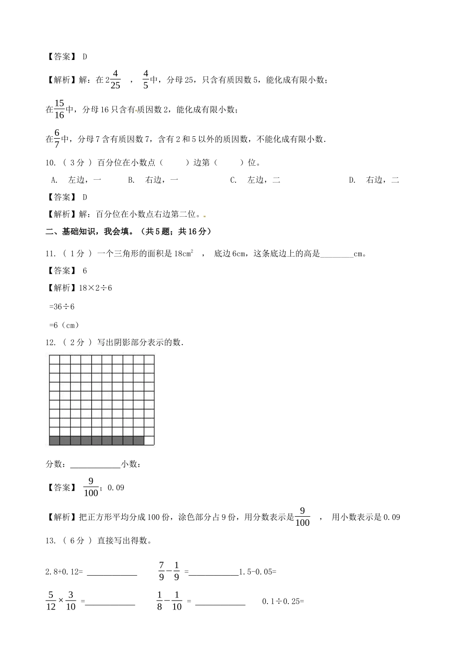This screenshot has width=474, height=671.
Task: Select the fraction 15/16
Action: pyautogui.click(x=59, y=109)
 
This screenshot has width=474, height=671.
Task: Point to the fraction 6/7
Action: pyautogui.click(x=57, y=139)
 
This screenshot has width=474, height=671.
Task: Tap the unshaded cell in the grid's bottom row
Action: pyautogui.click(x=149, y=440)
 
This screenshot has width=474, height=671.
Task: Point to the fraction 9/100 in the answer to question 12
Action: pyautogui.click(x=91, y=487)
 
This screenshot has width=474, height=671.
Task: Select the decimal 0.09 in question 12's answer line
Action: pyautogui.click(x=116, y=488)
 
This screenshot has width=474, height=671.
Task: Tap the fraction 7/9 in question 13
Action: pyautogui.click(x=162, y=571)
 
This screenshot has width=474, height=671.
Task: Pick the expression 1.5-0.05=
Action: pyautogui.click(x=257, y=572)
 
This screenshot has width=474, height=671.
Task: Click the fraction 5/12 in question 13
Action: pyautogui.click(x=50, y=601)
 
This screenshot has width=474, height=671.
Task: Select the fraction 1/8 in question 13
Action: pyautogui.click(x=160, y=601)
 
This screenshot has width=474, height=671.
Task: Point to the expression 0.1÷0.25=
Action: pyautogui.click(x=283, y=602)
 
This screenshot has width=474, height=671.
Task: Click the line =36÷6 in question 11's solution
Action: pyautogui.click(x=62, y=307)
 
